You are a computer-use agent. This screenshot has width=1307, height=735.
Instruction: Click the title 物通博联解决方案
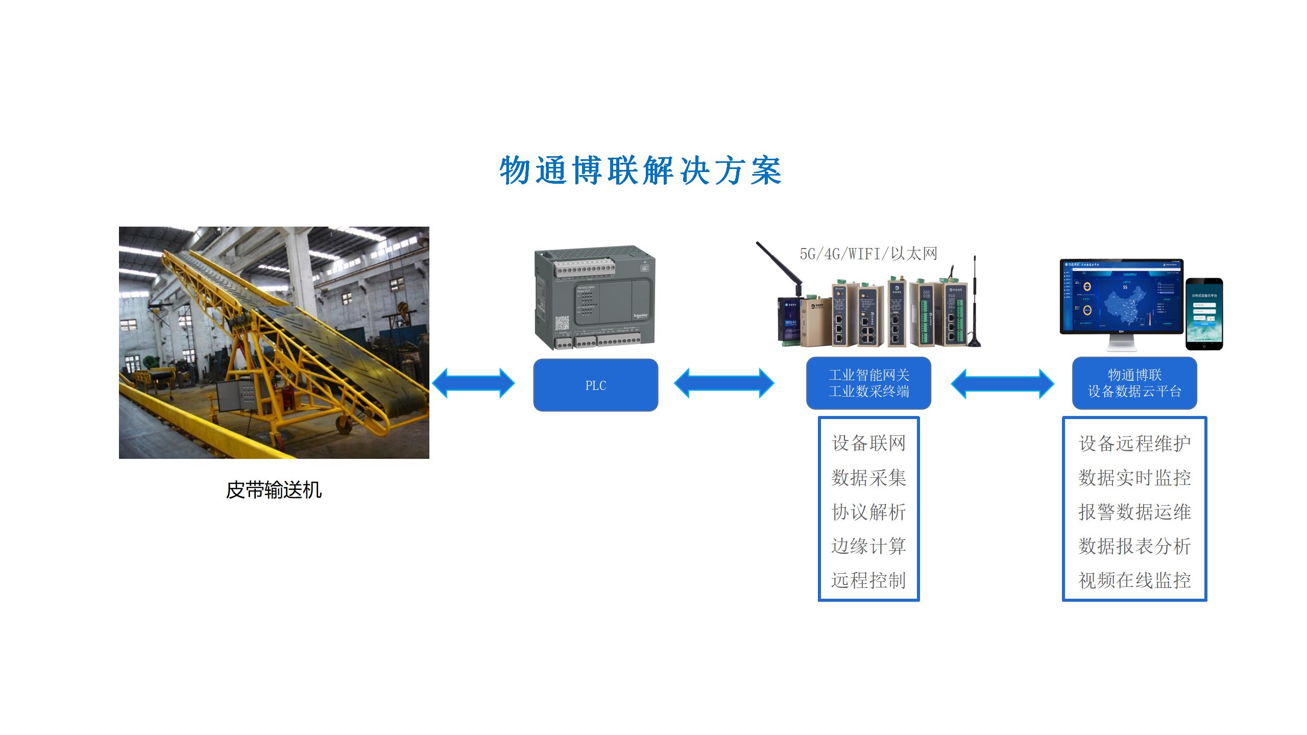[x=640, y=170]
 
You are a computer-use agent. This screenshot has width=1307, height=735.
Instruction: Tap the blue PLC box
[x=595, y=385]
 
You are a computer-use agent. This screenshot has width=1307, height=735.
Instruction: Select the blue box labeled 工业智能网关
[x=868, y=383]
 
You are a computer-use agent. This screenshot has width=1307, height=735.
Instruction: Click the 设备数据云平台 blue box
[x=1134, y=383]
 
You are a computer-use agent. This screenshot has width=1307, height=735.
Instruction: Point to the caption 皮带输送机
[x=274, y=491]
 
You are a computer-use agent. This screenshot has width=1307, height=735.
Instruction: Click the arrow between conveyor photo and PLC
[x=473, y=383]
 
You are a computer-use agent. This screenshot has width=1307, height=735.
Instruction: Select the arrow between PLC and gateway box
[x=724, y=383]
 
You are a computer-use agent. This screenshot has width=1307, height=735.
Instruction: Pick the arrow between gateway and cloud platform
[x=1002, y=383]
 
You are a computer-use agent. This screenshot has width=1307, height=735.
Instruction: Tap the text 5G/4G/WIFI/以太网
[x=868, y=254]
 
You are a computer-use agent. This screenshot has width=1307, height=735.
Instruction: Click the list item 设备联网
[x=868, y=443]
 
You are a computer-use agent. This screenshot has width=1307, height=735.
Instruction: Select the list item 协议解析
[x=868, y=512]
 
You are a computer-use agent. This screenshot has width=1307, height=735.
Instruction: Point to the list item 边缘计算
[x=868, y=546]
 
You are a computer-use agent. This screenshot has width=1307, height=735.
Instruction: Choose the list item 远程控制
[x=868, y=580]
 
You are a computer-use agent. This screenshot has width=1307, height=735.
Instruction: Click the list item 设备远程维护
[x=1134, y=443]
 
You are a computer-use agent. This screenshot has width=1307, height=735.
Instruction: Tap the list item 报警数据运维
[x=1134, y=512]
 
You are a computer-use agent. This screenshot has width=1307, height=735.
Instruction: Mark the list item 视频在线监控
[x=1134, y=580]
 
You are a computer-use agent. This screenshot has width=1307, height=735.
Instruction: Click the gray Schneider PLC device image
[x=595, y=299]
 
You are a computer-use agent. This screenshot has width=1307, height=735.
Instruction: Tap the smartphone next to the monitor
[x=1204, y=314]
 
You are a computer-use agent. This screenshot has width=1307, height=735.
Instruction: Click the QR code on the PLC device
[x=562, y=323]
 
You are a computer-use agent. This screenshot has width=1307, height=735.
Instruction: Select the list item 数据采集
[x=868, y=478]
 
